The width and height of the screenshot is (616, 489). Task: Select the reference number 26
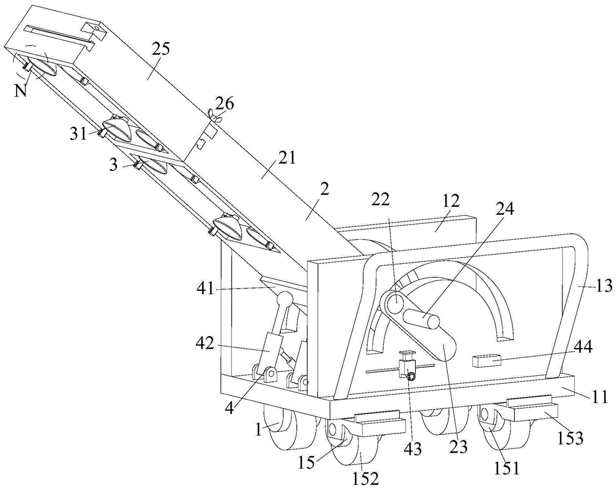(x=225, y=104)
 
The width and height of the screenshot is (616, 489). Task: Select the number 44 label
(x=581, y=349)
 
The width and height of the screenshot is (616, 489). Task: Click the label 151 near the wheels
(x=506, y=468)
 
